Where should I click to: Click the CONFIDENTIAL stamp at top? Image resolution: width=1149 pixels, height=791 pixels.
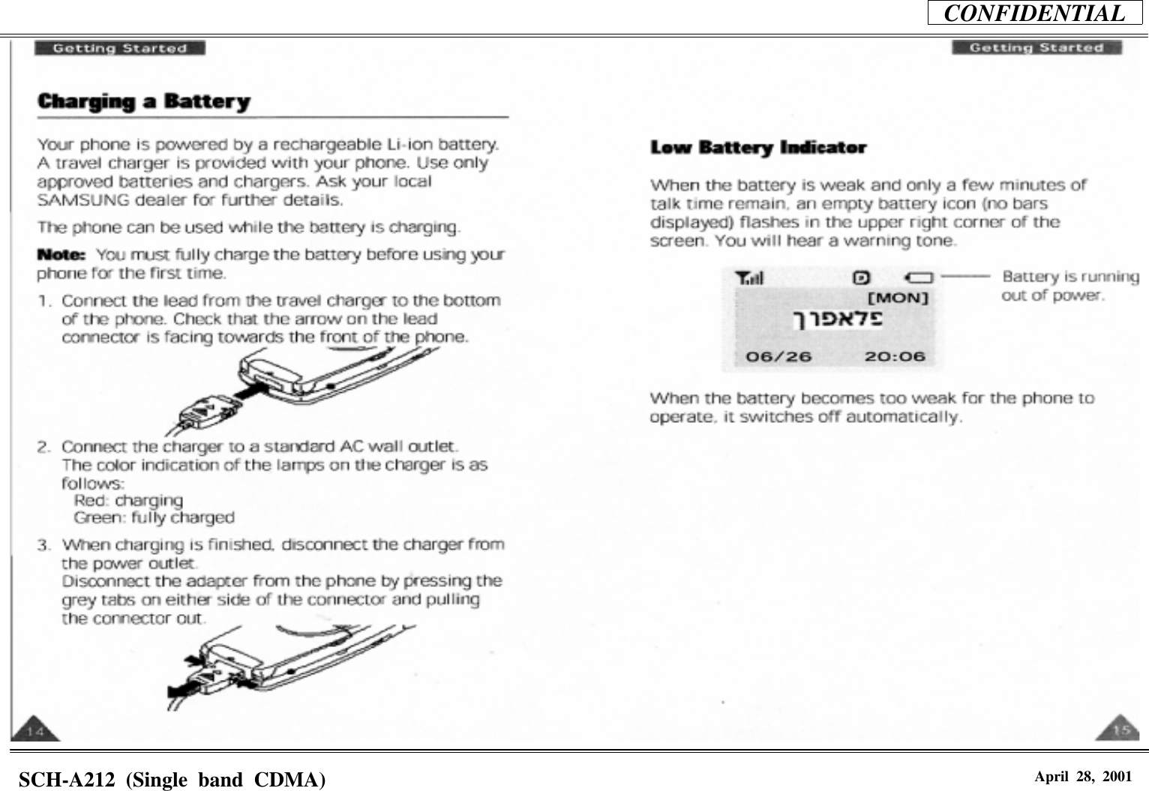(1034, 13)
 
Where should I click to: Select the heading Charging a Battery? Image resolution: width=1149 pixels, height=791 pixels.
(144, 101)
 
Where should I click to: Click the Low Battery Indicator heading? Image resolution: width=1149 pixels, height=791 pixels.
(758, 148)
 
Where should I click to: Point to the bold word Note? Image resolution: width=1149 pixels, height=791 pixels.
(63, 255)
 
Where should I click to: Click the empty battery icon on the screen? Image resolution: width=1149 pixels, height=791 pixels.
(918, 278)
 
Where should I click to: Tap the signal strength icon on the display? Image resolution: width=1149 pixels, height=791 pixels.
(749, 279)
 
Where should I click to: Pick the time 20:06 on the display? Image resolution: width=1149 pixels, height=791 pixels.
(894, 356)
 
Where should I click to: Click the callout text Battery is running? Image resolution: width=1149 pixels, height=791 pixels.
(1069, 277)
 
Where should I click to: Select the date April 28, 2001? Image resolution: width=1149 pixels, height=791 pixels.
(1082, 777)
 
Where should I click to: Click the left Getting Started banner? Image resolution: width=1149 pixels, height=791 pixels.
(119, 49)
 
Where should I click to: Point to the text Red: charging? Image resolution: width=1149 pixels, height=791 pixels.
(128, 500)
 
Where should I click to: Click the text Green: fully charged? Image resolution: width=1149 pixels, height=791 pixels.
(154, 518)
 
